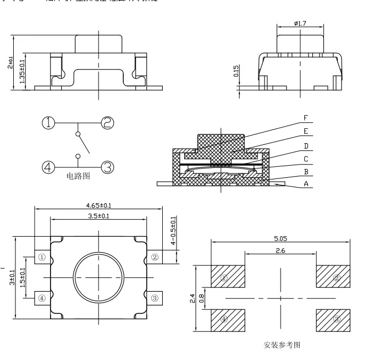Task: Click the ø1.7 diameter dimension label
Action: (300, 24)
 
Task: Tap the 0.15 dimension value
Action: (236, 71)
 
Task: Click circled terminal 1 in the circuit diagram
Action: (49, 123)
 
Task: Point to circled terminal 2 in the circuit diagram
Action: (107, 123)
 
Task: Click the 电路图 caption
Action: (78, 176)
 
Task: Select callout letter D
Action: (306, 146)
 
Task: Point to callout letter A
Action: (306, 184)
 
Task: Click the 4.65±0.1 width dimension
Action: (98, 205)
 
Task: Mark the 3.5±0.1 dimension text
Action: (98, 216)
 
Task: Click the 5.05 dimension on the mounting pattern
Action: (281, 239)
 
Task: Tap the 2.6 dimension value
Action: (281, 250)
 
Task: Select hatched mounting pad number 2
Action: (333, 276)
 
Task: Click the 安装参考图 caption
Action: (282, 345)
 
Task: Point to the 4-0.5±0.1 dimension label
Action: (174, 231)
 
